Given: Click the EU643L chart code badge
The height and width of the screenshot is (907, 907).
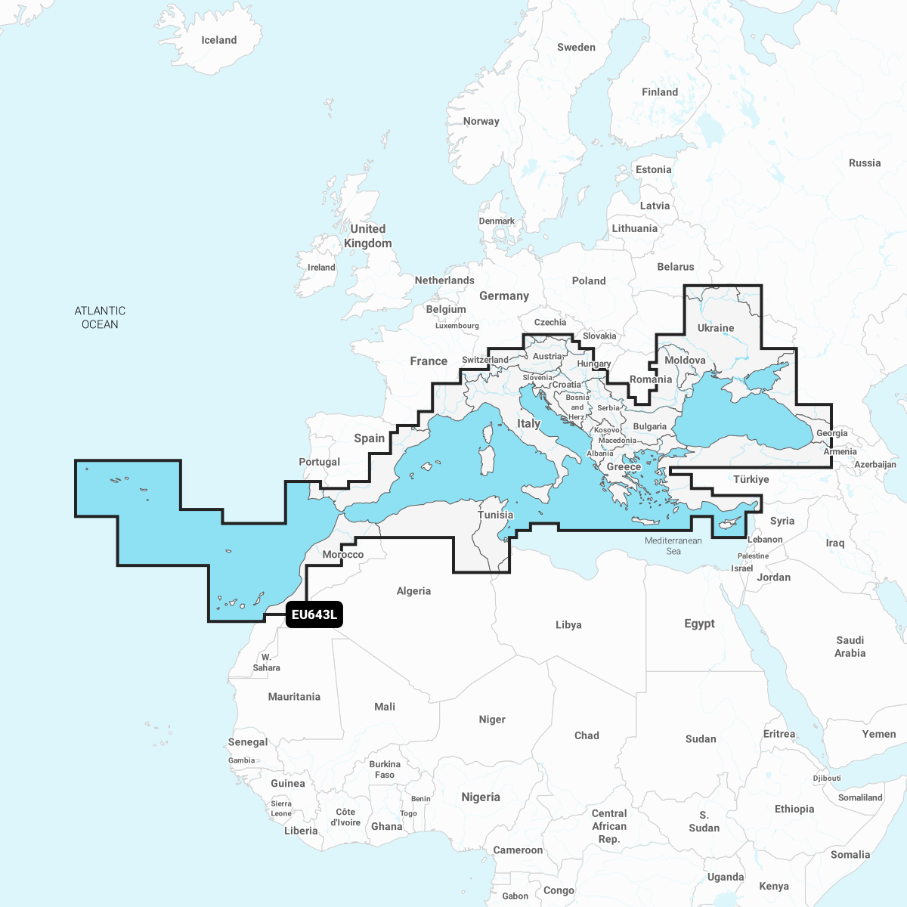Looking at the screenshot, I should click(x=314, y=614).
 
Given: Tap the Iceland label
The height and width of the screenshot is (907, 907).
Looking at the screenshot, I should click(x=218, y=40).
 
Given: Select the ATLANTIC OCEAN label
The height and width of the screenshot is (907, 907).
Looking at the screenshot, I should click(x=100, y=317).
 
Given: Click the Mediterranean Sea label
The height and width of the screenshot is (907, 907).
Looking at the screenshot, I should click(x=673, y=546).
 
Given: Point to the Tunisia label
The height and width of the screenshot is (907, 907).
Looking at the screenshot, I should click(x=495, y=515).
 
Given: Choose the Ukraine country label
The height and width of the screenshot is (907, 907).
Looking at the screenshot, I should click(x=716, y=328).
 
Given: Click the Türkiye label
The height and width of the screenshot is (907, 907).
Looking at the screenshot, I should click(x=751, y=479).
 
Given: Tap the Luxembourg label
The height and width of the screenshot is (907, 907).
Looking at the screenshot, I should click(x=457, y=326).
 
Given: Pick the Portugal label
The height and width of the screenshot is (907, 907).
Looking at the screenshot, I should click(x=319, y=462).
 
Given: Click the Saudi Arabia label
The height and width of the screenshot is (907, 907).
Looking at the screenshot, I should click(x=850, y=646).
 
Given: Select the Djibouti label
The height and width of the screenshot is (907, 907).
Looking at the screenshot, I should click(x=827, y=778).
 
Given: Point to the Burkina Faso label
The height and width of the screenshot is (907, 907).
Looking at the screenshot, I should click(x=385, y=769).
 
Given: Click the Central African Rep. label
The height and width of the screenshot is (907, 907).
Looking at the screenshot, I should click(x=609, y=826).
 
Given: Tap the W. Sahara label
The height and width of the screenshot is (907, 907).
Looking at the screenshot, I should click(x=266, y=662).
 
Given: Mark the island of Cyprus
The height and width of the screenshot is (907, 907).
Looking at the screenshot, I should click(x=730, y=524).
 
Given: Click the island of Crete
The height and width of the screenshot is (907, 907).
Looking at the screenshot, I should click(x=647, y=521).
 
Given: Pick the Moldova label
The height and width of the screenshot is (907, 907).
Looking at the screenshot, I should click(x=685, y=360).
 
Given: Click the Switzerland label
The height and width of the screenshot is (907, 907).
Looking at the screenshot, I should click(x=485, y=360).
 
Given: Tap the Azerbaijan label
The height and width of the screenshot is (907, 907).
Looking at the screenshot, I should click(x=875, y=465).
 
